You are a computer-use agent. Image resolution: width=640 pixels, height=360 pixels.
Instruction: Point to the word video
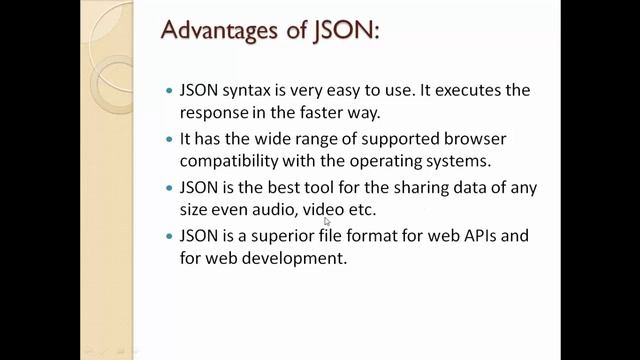click(x=325, y=209)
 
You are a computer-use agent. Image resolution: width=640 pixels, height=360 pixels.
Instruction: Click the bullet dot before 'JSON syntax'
click(x=169, y=91)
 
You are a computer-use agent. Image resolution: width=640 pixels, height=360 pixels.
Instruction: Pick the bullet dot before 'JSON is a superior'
click(x=169, y=237)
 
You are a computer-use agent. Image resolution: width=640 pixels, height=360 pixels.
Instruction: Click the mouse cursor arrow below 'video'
click(x=327, y=222)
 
